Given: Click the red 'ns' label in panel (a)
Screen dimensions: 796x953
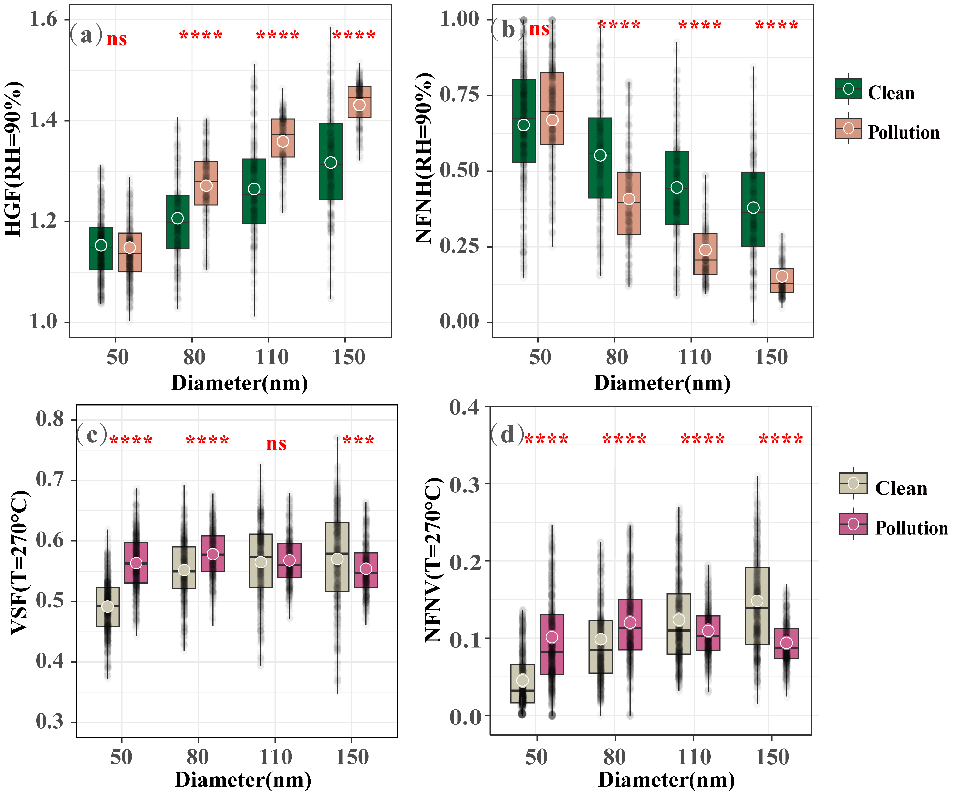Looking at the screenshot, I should (117, 39).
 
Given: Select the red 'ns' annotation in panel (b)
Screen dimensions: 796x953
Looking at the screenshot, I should (539, 29).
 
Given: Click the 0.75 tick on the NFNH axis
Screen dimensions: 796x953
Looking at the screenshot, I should (459, 95).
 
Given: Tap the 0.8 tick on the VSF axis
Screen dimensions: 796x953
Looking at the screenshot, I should (50, 419).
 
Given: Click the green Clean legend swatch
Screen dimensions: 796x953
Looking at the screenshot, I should (848, 89).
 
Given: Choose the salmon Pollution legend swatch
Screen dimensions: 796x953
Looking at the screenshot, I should (848, 128).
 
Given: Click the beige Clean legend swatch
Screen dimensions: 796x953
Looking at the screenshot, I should (853, 484).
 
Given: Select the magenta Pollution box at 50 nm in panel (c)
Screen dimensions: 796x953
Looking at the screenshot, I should (136, 562).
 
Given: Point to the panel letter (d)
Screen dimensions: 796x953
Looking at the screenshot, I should (507, 435).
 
